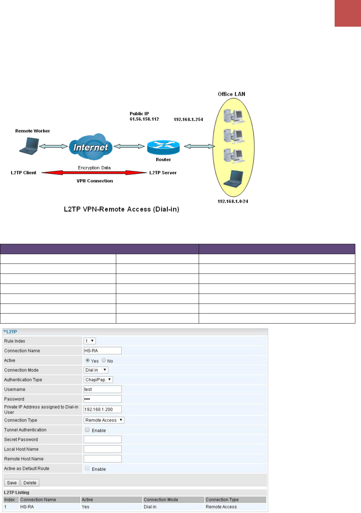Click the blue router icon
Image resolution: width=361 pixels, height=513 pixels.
[163, 147]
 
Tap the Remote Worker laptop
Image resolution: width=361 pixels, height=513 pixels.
[29, 146]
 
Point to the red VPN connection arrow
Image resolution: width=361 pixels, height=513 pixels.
[94, 172]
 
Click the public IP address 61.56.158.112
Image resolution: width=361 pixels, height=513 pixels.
[144, 119]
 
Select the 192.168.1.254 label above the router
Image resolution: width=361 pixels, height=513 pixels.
[188, 119]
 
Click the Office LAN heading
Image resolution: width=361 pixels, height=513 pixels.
[231, 94]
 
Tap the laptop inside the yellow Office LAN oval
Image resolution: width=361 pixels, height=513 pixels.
[233, 179]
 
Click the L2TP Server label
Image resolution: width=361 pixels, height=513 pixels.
[163, 172]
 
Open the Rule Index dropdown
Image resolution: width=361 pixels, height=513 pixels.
[89, 341]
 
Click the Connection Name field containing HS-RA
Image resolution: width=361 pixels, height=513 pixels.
[103, 351]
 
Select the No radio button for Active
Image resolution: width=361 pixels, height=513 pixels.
[104, 360]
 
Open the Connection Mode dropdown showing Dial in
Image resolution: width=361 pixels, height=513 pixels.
[96, 370]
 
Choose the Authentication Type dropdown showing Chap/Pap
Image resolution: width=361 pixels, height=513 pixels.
[98, 380]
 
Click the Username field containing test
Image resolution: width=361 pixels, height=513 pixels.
[103, 389]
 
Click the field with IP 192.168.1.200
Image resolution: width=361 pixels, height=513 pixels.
[103, 409]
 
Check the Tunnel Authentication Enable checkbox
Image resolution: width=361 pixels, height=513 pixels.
[87, 430]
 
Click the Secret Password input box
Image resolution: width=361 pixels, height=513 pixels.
[103, 439]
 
